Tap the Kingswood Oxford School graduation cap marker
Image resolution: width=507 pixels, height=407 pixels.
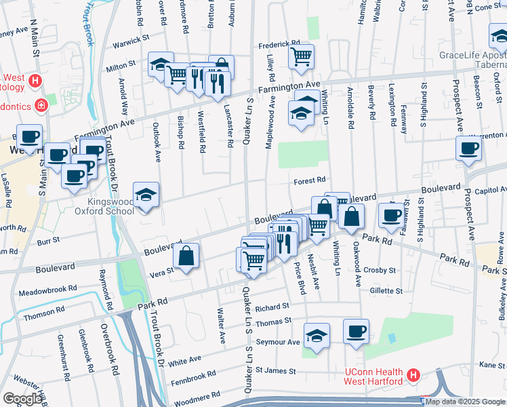pos(146,195)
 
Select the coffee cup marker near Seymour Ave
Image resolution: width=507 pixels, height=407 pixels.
pos(356,332)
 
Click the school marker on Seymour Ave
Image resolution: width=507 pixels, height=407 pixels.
pos(317,336)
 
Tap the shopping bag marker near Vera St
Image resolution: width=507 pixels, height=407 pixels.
pos(186,256)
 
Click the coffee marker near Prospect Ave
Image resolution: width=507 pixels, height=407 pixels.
pos(468,149)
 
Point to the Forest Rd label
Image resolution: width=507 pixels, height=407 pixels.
pos(310,180)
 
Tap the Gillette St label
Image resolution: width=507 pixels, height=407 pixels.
pos(386,290)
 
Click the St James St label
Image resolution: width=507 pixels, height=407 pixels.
pos(276,371)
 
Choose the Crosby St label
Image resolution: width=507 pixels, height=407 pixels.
pos(380,270)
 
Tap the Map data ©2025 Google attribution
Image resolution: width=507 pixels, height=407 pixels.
pos(465,402)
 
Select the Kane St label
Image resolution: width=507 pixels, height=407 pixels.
pos(492,365)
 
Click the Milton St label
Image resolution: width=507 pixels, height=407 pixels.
pos(121,69)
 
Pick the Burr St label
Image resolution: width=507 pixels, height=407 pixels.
pos(49,239)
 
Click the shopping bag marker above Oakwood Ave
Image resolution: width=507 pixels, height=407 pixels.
pos(352,217)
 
